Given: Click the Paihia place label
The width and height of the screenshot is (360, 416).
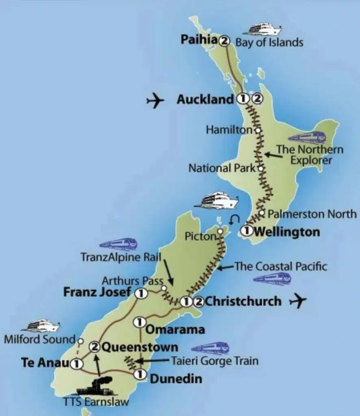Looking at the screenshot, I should click(x=198, y=41).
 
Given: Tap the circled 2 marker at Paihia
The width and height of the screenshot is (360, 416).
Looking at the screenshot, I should click(x=224, y=41).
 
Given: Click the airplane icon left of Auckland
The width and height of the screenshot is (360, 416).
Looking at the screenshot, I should click(x=155, y=100).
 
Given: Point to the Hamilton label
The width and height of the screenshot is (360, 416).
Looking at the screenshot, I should click(x=230, y=130).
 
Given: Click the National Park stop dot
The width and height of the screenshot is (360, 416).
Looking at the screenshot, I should click(x=261, y=167).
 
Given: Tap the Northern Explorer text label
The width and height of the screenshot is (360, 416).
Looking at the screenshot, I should click(x=310, y=154).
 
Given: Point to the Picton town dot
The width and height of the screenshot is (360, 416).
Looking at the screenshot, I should click(x=220, y=231).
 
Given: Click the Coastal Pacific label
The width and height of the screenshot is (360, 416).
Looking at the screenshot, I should click(x=280, y=266).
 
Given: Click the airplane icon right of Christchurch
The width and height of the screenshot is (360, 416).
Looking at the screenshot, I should click(x=297, y=301).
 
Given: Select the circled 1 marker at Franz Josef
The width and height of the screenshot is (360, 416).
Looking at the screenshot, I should click(x=141, y=293).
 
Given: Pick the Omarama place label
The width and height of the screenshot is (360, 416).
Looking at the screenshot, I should click(x=175, y=329).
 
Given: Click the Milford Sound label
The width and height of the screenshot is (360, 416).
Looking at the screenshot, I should click(x=39, y=339).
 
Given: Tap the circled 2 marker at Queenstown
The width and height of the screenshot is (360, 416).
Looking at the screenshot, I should click(x=95, y=347).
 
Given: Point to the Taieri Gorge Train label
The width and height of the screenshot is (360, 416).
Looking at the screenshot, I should click(x=214, y=360).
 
